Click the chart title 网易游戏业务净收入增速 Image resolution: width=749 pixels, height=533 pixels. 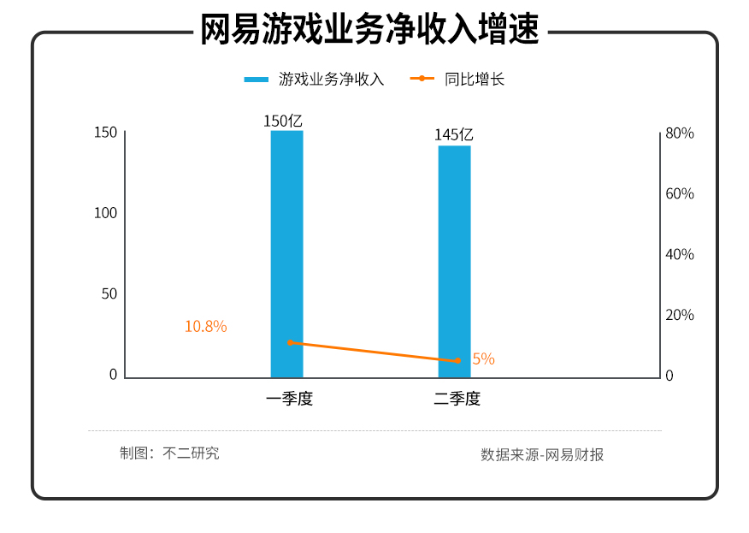(x=369, y=30)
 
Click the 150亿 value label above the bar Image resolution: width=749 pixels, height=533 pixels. (x=283, y=121)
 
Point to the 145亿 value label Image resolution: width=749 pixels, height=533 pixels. (x=453, y=135)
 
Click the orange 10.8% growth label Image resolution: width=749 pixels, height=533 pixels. (x=206, y=327)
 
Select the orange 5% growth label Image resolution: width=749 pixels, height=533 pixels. (x=483, y=359)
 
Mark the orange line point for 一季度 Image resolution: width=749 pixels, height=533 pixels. (x=290, y=342)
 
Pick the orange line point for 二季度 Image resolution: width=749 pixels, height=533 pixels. (x=457, y=361)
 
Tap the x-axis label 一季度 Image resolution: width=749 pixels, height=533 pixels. (x=289, y=399)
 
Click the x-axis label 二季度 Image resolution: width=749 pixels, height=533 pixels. (x=457, y=399)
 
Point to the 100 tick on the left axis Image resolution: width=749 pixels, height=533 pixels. (x=105, y=213)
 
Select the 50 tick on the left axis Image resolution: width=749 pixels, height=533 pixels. (x=109, y=294)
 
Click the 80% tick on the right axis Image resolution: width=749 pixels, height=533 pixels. (x=680, y=133)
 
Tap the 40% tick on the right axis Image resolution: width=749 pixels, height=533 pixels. (x=680, y=255)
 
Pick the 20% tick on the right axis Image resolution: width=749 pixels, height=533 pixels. (x=680, y=316)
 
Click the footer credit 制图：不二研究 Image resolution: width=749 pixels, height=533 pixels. (x=169, y=453)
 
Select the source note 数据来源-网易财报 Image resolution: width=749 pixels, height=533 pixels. (x=542, y=455)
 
